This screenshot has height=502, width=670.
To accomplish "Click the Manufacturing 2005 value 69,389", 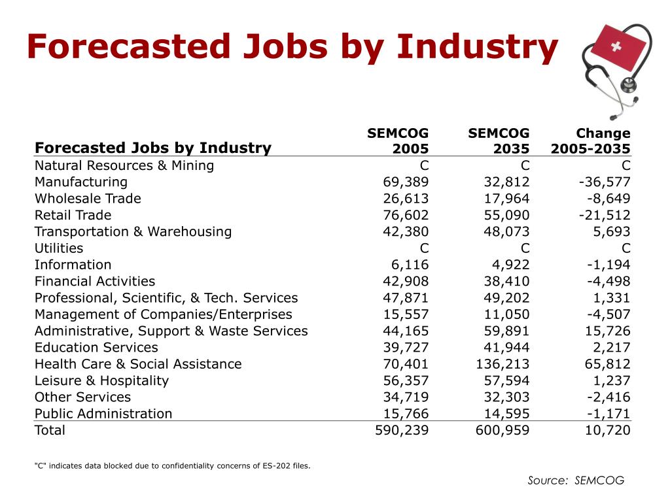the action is (406, 182).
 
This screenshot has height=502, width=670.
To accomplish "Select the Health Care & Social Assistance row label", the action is (138, 364).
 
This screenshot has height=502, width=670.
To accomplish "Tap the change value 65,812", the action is (607, 364).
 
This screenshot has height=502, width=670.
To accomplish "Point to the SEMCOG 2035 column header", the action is (499, 141).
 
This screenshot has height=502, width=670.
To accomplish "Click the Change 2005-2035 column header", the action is (591, 141).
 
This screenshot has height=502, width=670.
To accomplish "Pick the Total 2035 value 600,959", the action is (502, 430).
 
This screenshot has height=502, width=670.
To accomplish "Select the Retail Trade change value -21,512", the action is (605, 215).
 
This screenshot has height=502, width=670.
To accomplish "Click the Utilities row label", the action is (59, 248).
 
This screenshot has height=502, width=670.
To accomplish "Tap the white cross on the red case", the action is (616, 46).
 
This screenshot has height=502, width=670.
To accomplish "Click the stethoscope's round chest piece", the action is (628, 85).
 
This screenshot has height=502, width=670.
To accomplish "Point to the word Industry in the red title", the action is (477, 47).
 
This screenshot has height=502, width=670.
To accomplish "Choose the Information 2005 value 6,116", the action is (410, 265).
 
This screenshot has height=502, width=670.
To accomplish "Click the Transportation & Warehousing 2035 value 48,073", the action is (506, 232).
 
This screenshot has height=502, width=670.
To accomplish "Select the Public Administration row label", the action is (103, 414).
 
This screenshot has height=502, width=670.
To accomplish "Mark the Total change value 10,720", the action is (607, 430).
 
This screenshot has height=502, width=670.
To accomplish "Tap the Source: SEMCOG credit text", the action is (576, 480).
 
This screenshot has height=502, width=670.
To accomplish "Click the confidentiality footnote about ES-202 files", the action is (172, 465).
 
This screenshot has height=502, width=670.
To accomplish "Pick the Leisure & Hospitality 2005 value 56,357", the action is (406, 381).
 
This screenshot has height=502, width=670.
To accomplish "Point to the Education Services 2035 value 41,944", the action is (506, 348).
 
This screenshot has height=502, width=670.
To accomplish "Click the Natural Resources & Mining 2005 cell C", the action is (424, 165).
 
